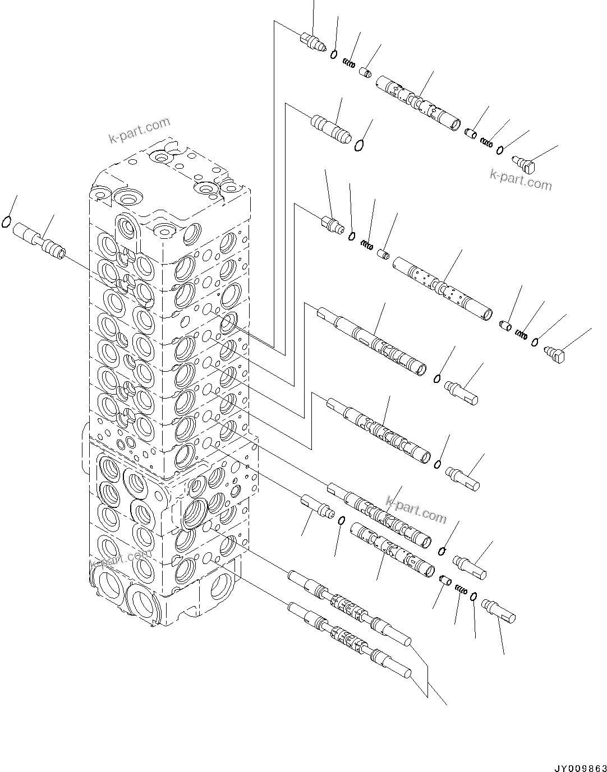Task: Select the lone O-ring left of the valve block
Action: click(x=7, y=222)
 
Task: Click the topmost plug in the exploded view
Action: click(x=313, y=43)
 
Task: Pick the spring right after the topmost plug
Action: click(x=349, y=64)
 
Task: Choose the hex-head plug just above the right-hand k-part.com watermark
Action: click(x=526, y=164)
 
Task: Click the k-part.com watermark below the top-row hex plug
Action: click(x=521, y=179)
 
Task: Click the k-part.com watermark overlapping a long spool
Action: click(x=416, y=507)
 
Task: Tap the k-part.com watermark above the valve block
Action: click(x=140, y=130)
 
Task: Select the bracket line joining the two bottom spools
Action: click(x=429, y=678)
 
